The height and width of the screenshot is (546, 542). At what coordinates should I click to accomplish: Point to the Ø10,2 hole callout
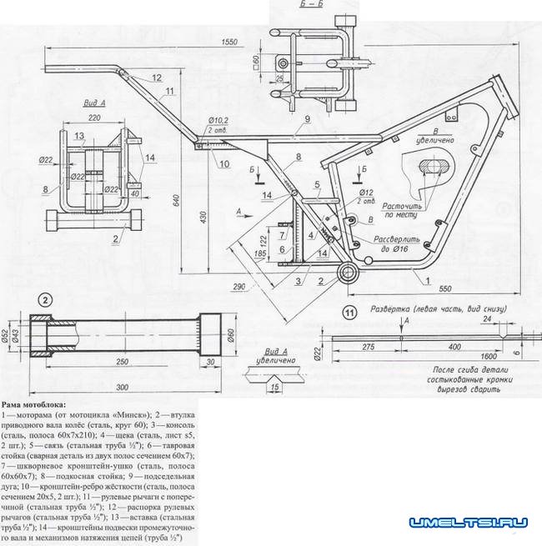point(219,123)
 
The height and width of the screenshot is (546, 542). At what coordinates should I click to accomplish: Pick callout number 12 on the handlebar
point(156,77)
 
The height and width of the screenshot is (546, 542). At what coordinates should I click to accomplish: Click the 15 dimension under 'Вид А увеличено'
point(275,387)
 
